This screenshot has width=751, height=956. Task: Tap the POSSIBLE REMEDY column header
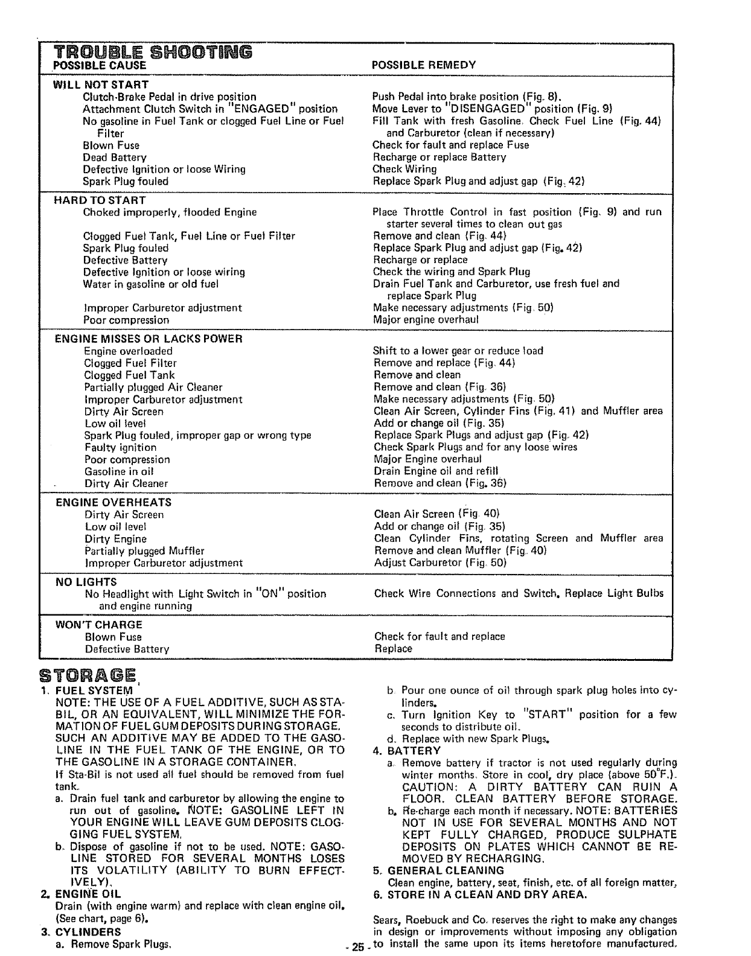[x=424, y=65]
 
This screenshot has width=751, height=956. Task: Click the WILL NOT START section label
[x=101, y=84]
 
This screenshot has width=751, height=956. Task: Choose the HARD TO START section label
[x=100, y=200]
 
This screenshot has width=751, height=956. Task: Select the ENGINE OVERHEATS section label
[x=113, y=502]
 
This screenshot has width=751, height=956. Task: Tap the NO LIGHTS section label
[x=86, y=582]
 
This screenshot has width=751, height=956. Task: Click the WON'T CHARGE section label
[x=98, y=625]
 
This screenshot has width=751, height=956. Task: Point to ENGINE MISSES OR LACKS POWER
[x=149, y=339]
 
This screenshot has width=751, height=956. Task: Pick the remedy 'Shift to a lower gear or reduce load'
[x=458, y=351]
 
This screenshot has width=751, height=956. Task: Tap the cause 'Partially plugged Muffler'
[x=144, y=551]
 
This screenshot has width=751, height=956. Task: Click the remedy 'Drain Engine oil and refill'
[x=436, y=471]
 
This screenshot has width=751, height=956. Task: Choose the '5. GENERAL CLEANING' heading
[x=438, y=870]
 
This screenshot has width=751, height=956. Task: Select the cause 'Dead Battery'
[x=115, y=158]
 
